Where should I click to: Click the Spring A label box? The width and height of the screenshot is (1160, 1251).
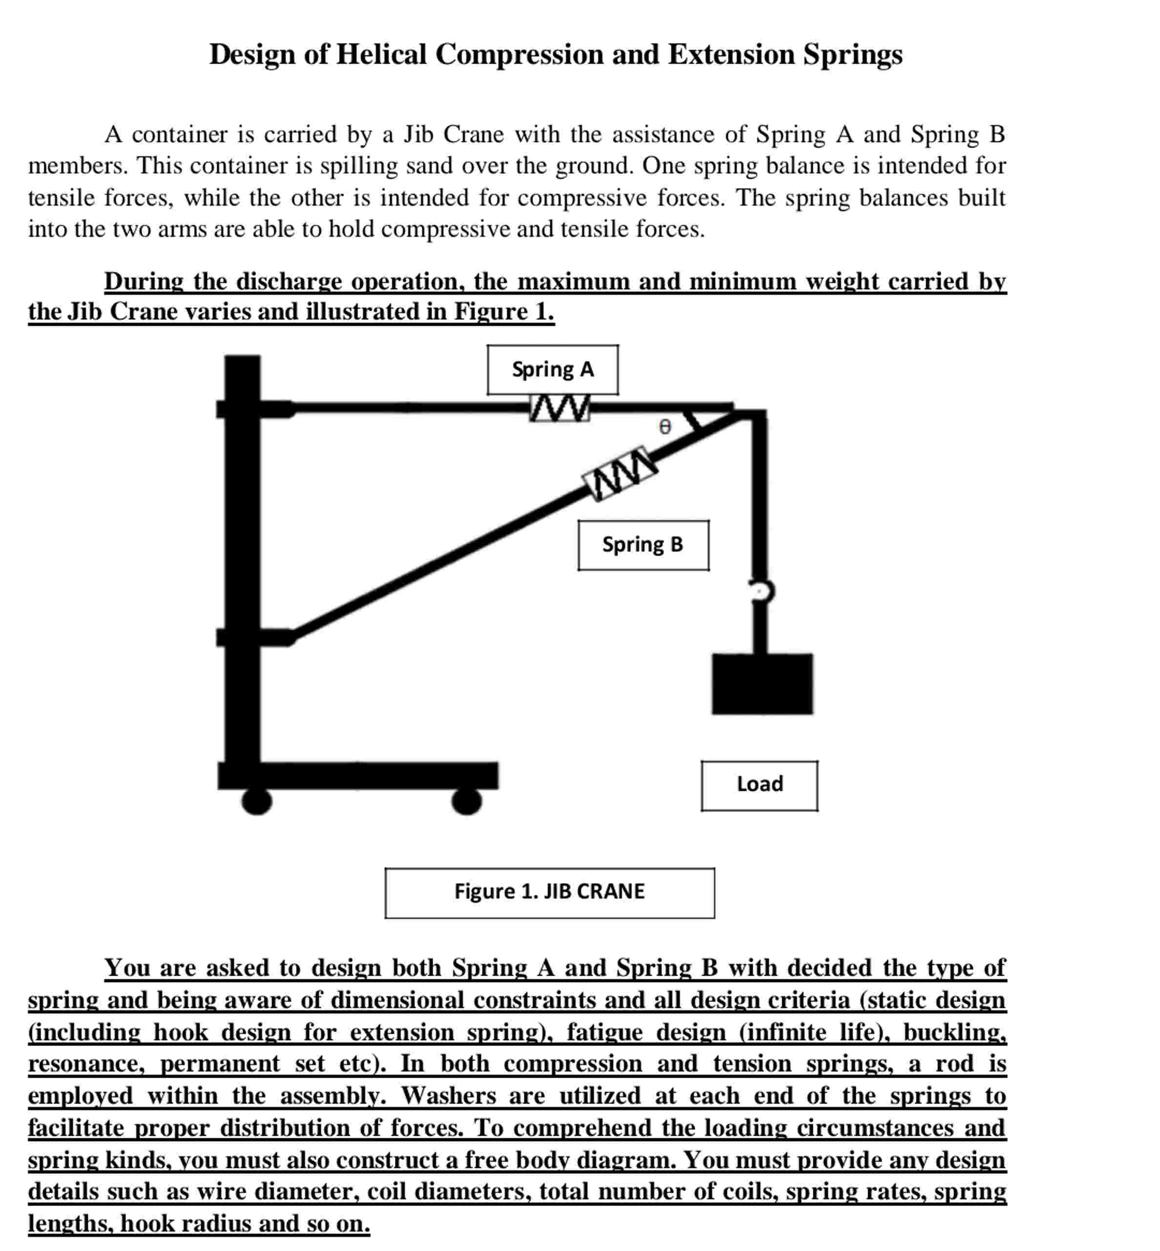coord(552,370)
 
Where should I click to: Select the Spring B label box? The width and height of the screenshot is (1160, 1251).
coord(643,545)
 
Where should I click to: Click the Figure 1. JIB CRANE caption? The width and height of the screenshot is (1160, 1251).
coord(549,892)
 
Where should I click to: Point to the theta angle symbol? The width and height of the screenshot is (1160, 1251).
coord(665,427)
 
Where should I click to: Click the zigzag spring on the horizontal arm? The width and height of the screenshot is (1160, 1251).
coord(559,408)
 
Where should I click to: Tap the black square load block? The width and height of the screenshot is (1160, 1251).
coord(762,684)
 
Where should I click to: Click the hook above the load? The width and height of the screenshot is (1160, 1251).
coord(762,591)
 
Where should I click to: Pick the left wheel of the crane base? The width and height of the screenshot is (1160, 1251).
coord(257,802)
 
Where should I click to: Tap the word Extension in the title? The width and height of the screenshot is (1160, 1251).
coord(731,55)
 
